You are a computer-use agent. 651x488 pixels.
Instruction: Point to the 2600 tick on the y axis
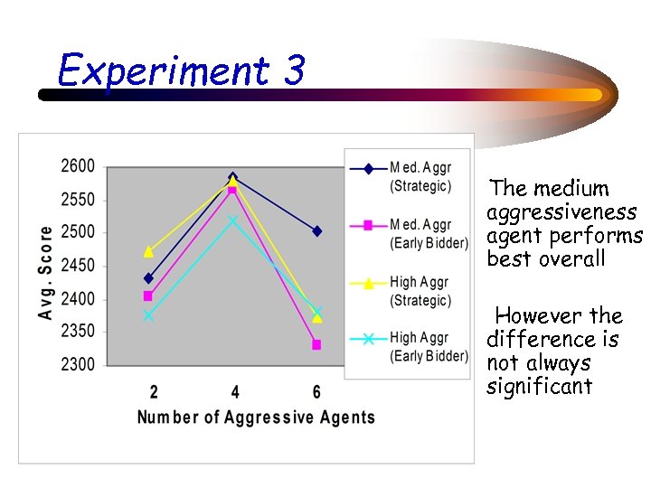pyautogui.click(x=78, y=166)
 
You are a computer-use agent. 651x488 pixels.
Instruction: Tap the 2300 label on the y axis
pyautogui.click(x=78, y=365)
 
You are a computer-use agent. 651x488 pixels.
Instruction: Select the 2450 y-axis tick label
pyautogui.click(x=78, y=266)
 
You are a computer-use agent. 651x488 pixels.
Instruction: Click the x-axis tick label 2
pyautogui.click(x=153, y=392)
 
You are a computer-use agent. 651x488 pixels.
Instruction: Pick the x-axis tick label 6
pyautogui.click(x=316, y=392)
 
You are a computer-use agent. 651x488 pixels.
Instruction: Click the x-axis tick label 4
pyautogui.click(x=235, y=392)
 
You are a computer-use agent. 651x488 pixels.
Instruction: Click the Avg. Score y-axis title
pyautogui.click(x=45, y=271)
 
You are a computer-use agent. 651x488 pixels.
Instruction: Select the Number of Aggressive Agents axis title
pyautogui.click(x=256, y=418)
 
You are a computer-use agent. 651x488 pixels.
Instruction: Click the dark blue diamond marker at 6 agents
pyautogui.click(x=316, y=231)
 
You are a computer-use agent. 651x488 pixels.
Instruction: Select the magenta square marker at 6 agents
pyautogui.click(x=316, y=344)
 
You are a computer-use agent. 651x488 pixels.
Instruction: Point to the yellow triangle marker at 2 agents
pyautogui.click(x=148, y=251)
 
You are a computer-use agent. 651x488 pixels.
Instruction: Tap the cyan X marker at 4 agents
pyautogui.click(x=233, y=221)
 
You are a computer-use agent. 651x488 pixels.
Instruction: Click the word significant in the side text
pyautogui.click(x=539, y=387)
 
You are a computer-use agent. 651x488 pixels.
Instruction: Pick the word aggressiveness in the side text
pyautogui.click(x=561, y=212)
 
